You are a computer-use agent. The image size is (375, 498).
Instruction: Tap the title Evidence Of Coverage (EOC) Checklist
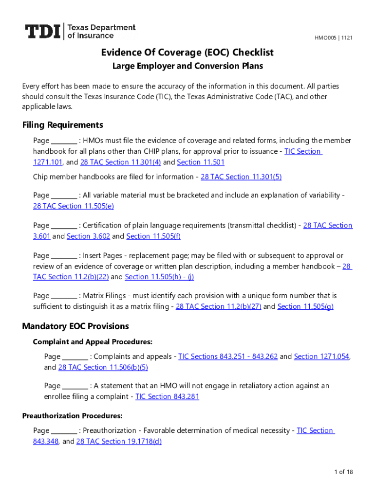[187, 53]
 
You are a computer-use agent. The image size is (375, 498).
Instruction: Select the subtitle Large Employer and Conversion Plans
[187, 66]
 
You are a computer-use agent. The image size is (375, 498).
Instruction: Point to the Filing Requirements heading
[63, 125]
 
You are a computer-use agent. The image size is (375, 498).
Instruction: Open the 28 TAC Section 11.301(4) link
[120, 162]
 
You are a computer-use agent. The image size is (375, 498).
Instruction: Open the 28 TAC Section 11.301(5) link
[241, 177]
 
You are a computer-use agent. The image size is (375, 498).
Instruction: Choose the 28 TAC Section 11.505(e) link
[73, 206]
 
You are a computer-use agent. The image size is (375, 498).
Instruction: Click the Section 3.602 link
[88, 236]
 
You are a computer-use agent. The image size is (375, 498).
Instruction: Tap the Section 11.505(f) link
[153, 236]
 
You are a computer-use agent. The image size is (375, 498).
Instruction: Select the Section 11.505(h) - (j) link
[160, 277]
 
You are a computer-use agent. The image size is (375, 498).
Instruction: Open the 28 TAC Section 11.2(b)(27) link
[218, 306]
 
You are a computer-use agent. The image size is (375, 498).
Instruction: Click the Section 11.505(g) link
[305, 306]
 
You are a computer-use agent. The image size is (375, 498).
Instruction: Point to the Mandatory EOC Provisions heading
[75, 326]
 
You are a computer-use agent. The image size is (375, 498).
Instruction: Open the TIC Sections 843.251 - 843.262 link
[228, 356]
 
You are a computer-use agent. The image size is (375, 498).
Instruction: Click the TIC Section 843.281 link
[167, 397]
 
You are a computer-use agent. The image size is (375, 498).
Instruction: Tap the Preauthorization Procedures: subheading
[72, 416]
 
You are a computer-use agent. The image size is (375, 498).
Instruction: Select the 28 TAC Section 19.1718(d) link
[119, 442]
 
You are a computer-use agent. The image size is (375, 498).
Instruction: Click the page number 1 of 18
[343, 472]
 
